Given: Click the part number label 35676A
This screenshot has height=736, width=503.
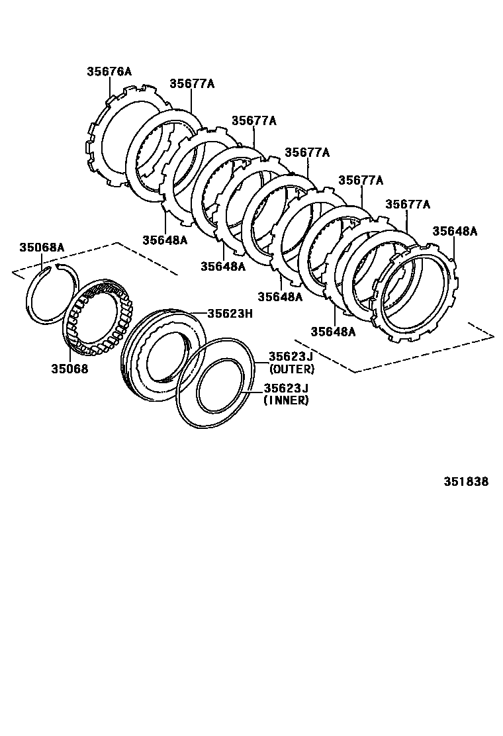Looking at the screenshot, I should coord(109,71).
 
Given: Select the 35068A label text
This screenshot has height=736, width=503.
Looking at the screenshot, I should coord(42,247).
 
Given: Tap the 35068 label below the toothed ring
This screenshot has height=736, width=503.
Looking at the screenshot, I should coord(69,368).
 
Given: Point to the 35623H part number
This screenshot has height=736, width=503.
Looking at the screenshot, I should coord(230,314).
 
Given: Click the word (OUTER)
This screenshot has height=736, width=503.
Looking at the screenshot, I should coord(291,369).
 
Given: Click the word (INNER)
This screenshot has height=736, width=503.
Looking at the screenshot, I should coord(286,400).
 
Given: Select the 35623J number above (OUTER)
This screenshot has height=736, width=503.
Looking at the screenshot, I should coord(291,357).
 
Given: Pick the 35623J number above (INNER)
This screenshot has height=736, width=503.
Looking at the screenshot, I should coord(286,389).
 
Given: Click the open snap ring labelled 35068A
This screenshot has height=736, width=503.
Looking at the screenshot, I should coord(33,298).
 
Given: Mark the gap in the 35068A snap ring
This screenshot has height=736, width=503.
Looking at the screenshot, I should coord(52,266).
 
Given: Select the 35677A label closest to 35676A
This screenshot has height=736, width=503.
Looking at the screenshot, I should coord(192,83).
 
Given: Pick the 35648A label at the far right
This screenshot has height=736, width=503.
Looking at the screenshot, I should coord(455,231).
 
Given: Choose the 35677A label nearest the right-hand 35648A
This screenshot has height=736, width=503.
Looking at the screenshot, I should coord(408,205).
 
